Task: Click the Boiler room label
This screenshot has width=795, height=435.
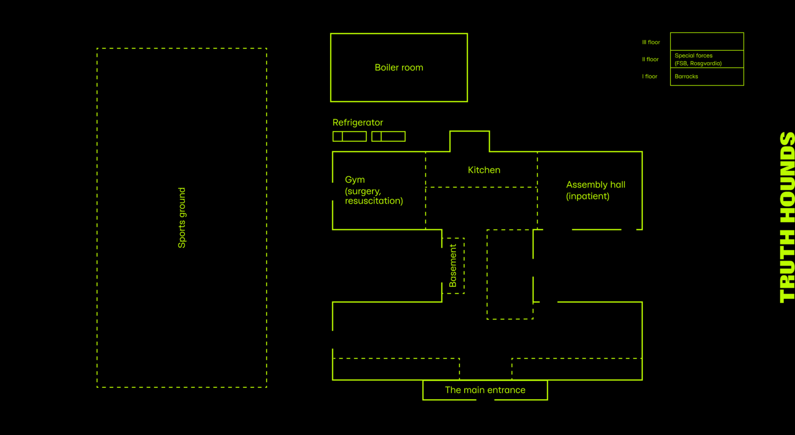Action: pos(399,67)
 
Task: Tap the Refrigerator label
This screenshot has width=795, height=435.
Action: pos(358,123)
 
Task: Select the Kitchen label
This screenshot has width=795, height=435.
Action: pos(484,170)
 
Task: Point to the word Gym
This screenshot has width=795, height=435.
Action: pos(355,180)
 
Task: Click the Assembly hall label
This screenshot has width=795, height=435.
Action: pos(595,185)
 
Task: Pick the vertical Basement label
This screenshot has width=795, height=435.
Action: pos(453,266)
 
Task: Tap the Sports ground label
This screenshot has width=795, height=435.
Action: pos(182,218)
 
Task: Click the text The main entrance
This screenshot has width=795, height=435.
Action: pos(485,390)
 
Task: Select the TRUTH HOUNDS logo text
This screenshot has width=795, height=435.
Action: pos(787,218)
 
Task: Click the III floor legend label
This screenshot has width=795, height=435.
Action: pos(651,42)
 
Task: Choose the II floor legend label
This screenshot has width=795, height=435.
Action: pos(650,60)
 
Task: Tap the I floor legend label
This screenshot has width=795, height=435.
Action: pos(650,77)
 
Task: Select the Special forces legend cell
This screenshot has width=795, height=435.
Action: pos(706,59)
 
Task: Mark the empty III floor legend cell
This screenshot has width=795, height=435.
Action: pos(706,41)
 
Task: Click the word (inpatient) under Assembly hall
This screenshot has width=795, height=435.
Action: pos(587,196)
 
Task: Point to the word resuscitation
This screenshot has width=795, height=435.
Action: pos(374,201)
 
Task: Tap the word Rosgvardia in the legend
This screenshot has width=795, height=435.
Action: pos(705,64)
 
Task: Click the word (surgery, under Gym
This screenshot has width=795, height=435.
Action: pos(363,191)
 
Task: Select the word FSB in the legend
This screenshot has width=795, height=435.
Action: pos(682,64)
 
